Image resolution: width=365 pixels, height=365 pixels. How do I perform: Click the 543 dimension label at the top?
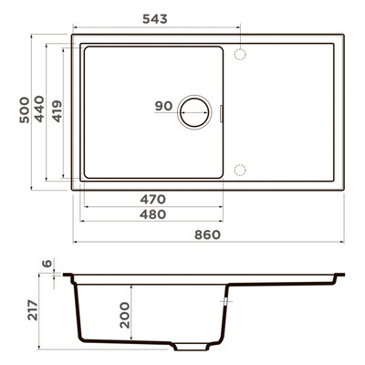coord(155,19)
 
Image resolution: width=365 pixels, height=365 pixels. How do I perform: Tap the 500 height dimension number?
coord(25,109)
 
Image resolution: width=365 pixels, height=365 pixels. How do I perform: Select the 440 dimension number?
coord(39,109)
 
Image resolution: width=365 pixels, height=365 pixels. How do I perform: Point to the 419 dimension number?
coord(57,111)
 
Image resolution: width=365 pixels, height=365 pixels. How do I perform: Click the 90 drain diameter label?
coord(163,106)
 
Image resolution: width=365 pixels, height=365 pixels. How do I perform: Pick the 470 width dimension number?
coord(152,200)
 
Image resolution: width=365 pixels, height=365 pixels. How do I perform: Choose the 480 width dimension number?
coord(152,214)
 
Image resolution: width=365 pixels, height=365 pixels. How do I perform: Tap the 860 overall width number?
coord(207,235)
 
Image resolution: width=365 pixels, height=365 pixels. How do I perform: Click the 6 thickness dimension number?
coord(47,264)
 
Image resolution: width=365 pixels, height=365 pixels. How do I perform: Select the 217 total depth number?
coord(33,310)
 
